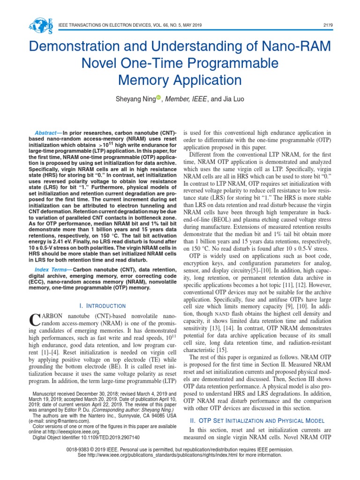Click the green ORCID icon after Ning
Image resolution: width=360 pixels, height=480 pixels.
[x=158, y=97]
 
